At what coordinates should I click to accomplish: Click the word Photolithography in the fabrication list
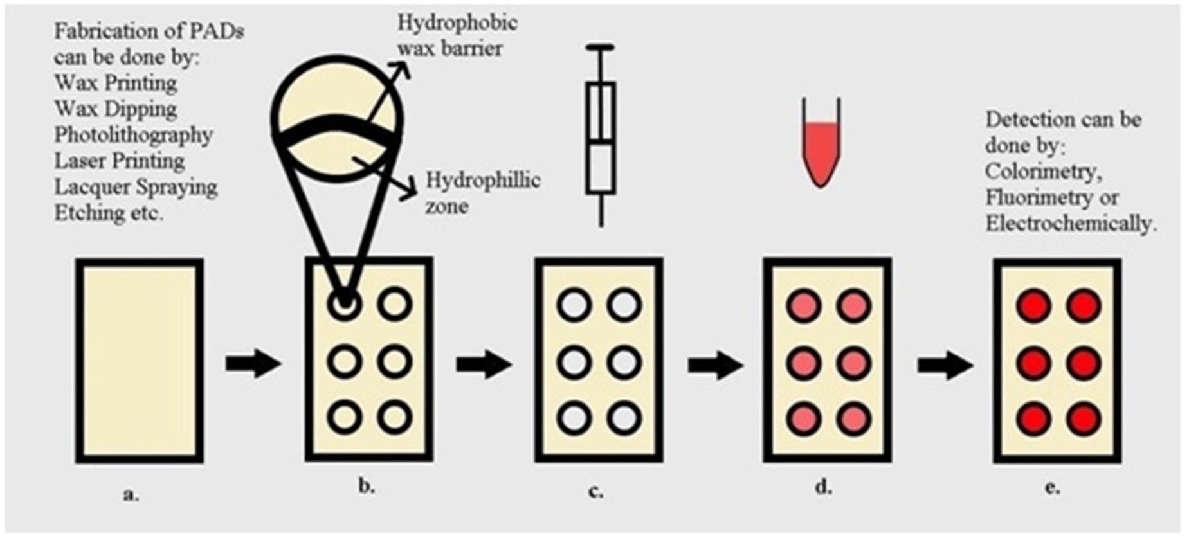pos(133,136)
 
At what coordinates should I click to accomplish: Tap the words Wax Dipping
pos(115,109)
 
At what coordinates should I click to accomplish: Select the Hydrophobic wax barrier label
pos(456,36)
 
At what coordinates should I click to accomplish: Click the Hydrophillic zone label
pos(482,193)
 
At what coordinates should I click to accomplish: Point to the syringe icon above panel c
pos(601,135)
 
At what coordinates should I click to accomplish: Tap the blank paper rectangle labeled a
pos(139,361)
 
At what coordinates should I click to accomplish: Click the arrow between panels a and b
pos(253,364)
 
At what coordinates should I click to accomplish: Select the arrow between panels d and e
pos(944,366)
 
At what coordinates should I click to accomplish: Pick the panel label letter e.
pos(1052,488)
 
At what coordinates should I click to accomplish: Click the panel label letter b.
pos(366,487)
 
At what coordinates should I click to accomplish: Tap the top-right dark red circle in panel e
pos(1084,305)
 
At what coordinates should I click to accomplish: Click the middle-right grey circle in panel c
pos(624,362)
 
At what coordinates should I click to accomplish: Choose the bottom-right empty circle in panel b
pos(394,417)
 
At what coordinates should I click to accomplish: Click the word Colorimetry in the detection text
pos(1039,172)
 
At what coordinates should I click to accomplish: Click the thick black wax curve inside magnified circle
pos(338,129)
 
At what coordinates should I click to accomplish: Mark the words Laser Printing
pos(119,161)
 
